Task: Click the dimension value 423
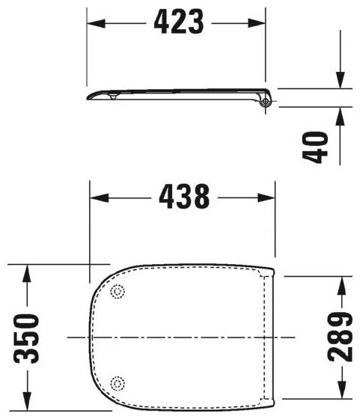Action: click(179, 23)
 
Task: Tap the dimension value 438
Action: click(183, 198)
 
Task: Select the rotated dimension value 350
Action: click(28, 339)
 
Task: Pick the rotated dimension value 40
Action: click(320, 146)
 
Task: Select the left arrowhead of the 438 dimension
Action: click(98, 199)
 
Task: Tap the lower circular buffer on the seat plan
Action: click(117, 384)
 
